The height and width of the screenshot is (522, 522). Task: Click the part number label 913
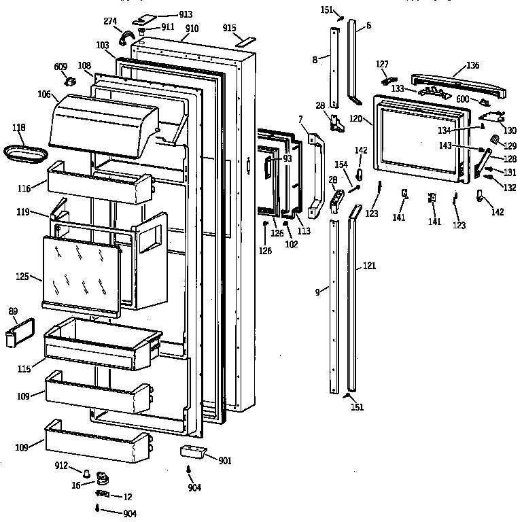[167, 14]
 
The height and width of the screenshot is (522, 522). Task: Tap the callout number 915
[229, 27]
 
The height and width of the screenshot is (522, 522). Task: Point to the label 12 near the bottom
[126, 496]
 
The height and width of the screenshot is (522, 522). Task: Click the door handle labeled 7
[314, 173]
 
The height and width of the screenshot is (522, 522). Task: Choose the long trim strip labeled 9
[334, 306]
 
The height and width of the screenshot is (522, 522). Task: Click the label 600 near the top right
[463, 99]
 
